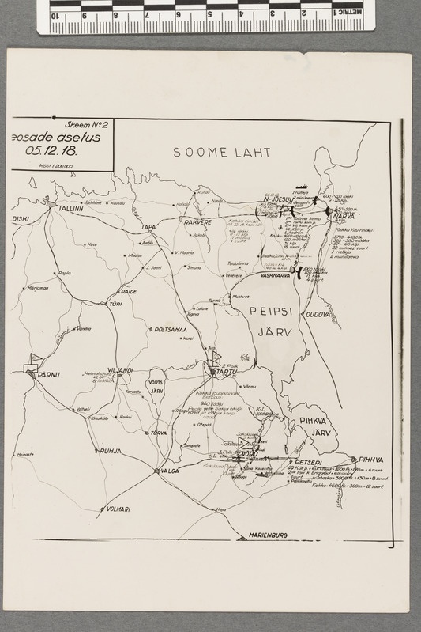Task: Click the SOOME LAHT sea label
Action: [x=222, y=152]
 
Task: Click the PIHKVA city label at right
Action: [x=370, y=459]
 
